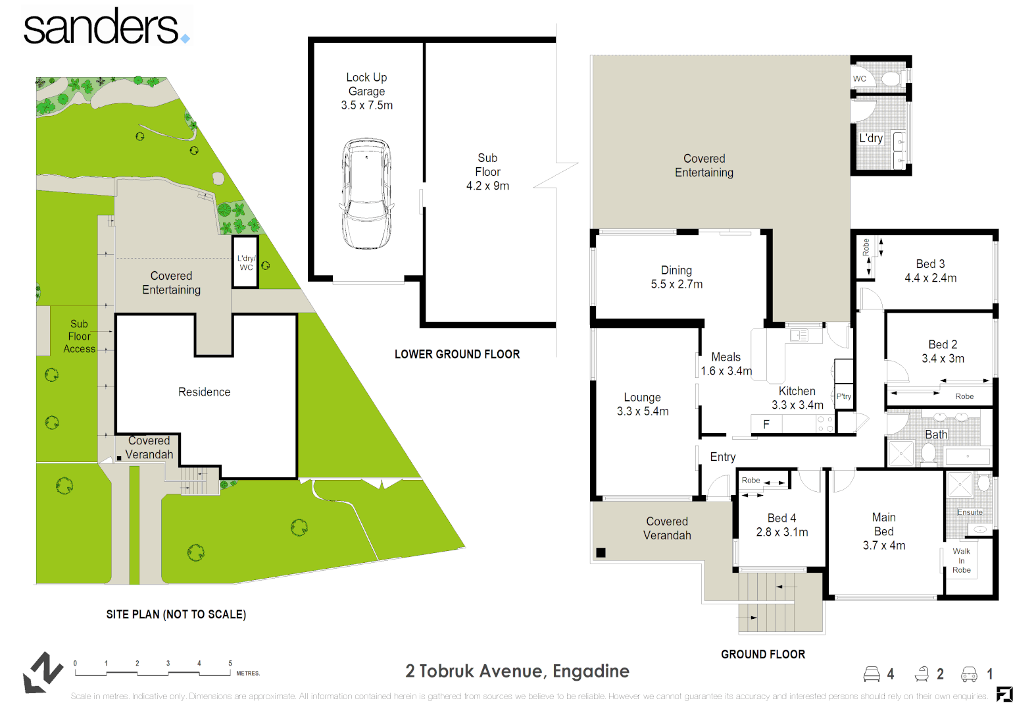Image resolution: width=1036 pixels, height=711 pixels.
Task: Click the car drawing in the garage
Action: pyautogui.click(x=366, y=193)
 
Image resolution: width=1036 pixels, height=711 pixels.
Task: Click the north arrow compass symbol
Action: pyautogui.click(x=42, y=672)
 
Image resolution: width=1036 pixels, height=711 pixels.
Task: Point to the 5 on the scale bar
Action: pyautogui.click(x=230, y=664)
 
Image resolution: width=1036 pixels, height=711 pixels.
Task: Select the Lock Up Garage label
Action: pyautogui.click(x=366, y=92)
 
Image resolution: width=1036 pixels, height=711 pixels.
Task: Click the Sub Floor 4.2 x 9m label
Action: pyautogui.click(x=487, y=172)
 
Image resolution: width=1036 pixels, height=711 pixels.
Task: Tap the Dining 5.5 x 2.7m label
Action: pyautogui.click(x=676, y=277)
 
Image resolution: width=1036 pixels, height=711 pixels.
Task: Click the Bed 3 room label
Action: pyautogui.click(x=930, y=271)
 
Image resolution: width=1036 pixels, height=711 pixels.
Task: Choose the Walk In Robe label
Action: pyautogui.click(x=961, y=561)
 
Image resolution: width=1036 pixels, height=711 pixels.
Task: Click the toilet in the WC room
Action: pyautogui.click(x=891, y=79)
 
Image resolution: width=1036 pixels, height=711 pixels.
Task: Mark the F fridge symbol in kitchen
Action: pyautogui.click(x=766, y=424)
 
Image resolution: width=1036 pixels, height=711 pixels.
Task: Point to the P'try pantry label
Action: pyautogui.click(x=843, y=396)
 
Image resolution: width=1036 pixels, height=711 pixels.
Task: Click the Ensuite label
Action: pyautogui.click(x=970, y=512)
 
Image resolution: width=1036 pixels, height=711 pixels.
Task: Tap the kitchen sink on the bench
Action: pyautogui.click(x=799, y=336)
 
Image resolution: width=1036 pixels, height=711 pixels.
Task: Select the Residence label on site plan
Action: pyautogui.click(x=204, y=392)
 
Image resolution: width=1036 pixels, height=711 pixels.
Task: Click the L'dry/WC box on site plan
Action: pyautogui.click(x=245, y=263)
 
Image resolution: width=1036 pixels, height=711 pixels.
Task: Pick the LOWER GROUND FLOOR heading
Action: pyautogui.click(x=456, y=354)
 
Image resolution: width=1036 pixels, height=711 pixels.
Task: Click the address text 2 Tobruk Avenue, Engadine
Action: pyautogui.click(x=517, y=671)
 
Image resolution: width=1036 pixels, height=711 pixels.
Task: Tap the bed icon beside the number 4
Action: pyautogui.click(x=872, y=673)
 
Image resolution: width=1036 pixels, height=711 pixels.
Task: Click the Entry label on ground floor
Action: pyautogui.click(x=722, y=457)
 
